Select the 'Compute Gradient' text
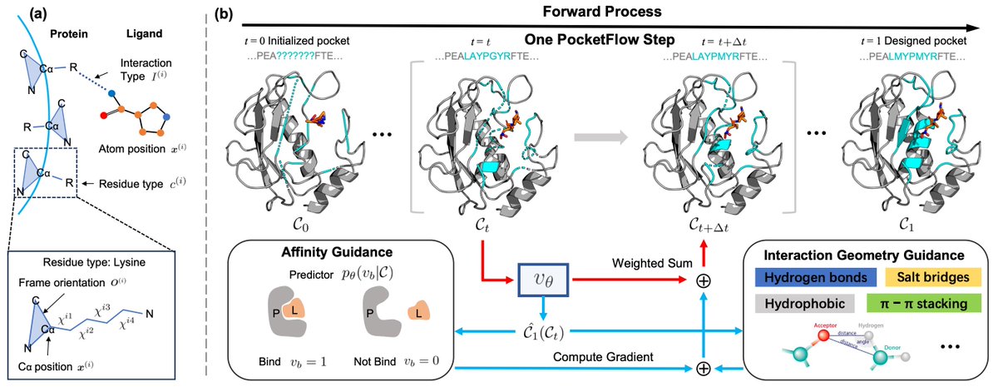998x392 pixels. coord(601,355)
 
